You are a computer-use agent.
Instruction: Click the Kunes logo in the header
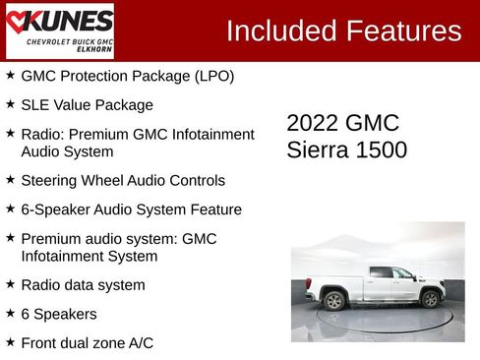pyautogui.click(x=59, y=30)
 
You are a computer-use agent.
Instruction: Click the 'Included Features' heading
pyautogui.click(x=343, y=30)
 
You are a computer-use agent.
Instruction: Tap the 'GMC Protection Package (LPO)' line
pyautogui.click(x=127, y=76)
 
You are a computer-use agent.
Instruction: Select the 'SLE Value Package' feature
pyautogui.click(x=87, y=105)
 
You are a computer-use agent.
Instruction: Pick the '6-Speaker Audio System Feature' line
pyautogui.click(x=131, y=210)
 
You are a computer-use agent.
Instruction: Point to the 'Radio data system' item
pyautogui.click(x=83, y=285)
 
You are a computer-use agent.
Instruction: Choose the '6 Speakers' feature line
pyautogui.click(x=59, y=314)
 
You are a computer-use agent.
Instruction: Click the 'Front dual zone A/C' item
pyautogui.click(x=87, y=342)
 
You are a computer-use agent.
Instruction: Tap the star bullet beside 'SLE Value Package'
pyautogui.click(x=10, y=104)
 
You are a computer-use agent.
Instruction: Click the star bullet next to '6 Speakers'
pyautogui.click(x=10, y=313)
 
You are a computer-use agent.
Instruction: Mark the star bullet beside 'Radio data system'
pyautogui.click(x=10, y=284)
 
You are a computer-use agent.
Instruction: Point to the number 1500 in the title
pyautogui.click(x=382, y=150)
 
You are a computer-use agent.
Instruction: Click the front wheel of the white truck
pyautogui.click(x=430, y=299)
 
